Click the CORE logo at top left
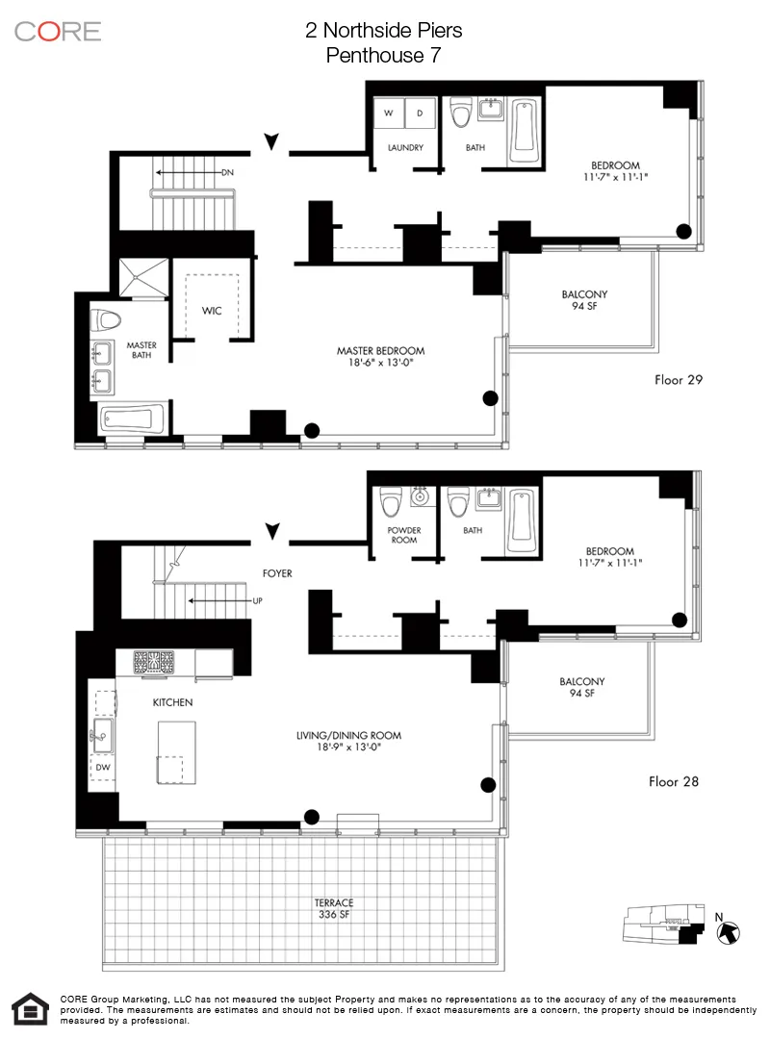point(58,31)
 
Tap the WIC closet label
point(212,311)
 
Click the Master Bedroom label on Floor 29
point(380,351)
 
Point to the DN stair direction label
point(227,172)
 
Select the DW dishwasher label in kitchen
point(102,767)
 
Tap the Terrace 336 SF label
point(334,908)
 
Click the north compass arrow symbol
point(729,931)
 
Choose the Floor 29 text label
point(679,379)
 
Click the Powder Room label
point(404,535)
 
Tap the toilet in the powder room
point(390,502)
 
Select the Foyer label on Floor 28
point(276,573)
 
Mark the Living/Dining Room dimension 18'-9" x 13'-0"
point(348,748)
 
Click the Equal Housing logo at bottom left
point(31,1009)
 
